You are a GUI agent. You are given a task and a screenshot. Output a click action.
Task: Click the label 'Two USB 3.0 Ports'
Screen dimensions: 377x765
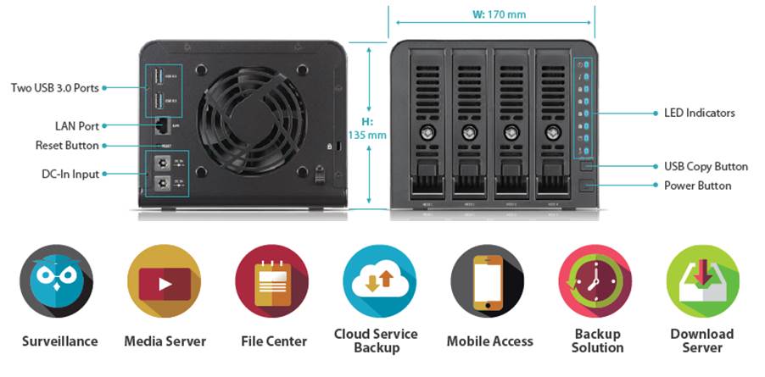[x=55, y=87]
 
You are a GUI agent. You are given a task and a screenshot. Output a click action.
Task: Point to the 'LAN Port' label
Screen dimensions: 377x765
[x=77, y=125]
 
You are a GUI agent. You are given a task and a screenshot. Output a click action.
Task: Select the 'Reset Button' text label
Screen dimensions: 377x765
[x=67, y=145]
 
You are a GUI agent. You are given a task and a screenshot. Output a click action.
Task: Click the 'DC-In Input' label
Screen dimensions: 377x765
[x=71, y=174]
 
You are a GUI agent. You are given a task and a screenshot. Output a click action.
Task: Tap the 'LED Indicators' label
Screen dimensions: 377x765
[x=699, y=113]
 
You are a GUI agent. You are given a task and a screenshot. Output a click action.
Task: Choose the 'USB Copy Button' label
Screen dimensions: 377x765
[x=706, y=167]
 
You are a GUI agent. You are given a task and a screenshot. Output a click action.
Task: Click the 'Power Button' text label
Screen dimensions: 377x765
[x=697, y=186]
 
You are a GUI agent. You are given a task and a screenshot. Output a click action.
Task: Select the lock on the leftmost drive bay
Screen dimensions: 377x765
[x=427, y=133]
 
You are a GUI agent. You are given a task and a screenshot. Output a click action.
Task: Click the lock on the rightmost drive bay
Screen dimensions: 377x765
[x=554, y=133]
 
